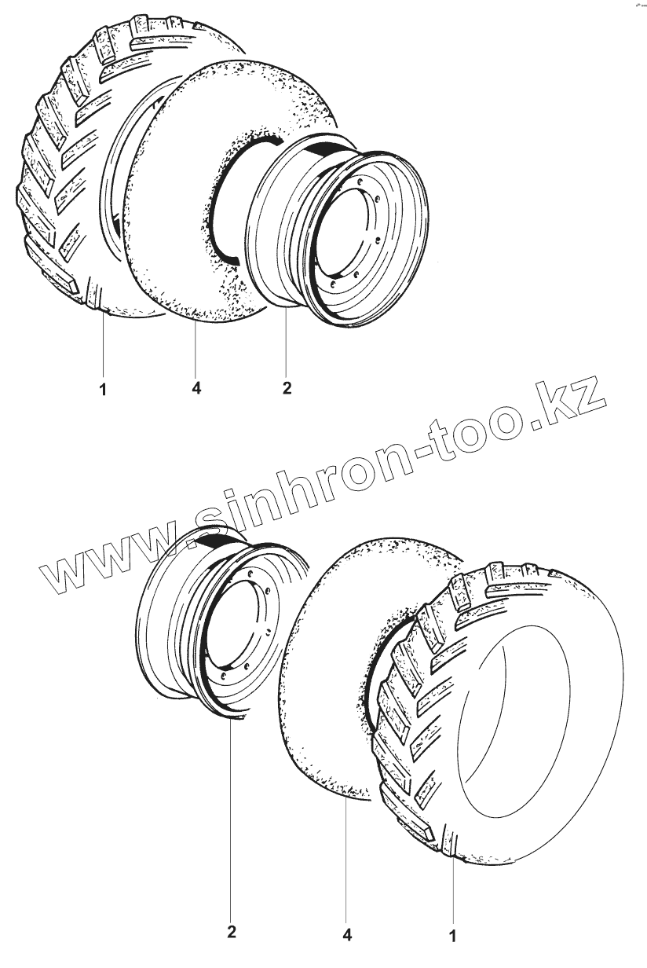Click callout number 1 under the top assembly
[x=103, y=388]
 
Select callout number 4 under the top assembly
[x=196, y=388]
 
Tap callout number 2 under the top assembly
[x=287, y=388]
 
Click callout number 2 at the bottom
[x=232, y=933]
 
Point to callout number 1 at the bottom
[x=452, y=936]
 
